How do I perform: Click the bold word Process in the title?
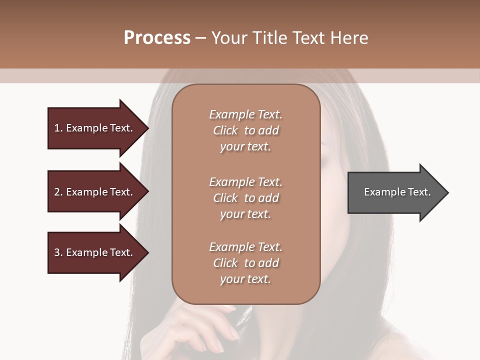(x=157, y=38)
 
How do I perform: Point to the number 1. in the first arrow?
(x=58, y=128)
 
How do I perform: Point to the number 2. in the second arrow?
(x=58, y=192)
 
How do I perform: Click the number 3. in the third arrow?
(x=58, y=252)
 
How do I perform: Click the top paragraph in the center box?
(x=245, y=130)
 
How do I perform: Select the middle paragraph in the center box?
(x=245, y=198)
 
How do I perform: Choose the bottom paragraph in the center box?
(x=245, y=263)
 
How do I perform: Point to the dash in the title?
(x=200, y=38)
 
